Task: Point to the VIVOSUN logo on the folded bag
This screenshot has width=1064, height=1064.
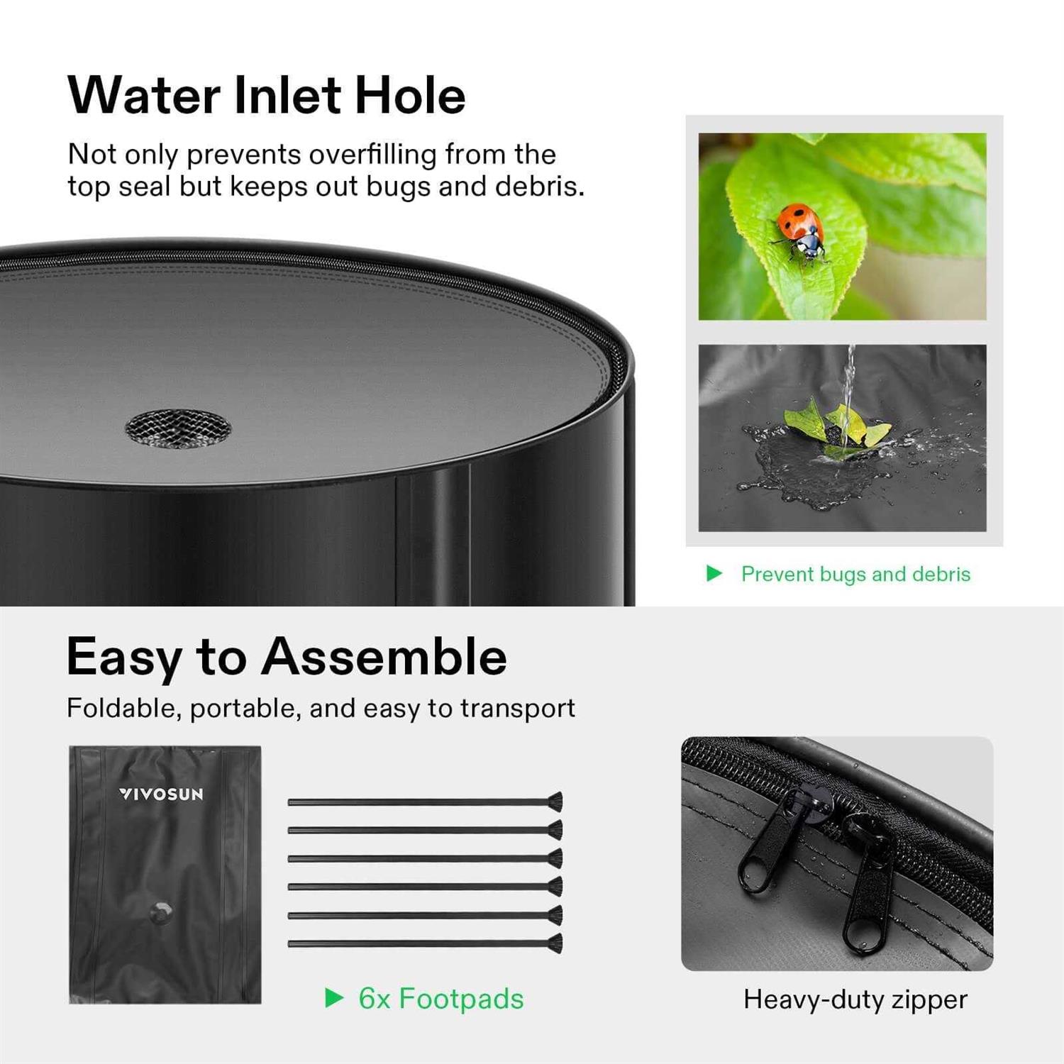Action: [161, 794]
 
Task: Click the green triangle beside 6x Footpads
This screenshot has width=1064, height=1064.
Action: [333, 998]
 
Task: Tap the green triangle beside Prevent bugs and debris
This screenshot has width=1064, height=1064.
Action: [714, 573]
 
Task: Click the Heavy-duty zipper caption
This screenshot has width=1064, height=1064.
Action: [855, 999]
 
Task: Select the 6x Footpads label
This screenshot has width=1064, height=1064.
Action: [440, 999]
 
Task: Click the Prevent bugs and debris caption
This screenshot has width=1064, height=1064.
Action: [855, 574]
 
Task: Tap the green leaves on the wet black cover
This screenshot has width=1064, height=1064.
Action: [837, 426]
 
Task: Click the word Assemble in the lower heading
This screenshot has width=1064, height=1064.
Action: [384, 657]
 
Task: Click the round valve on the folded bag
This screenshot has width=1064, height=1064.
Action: [162, 912]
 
